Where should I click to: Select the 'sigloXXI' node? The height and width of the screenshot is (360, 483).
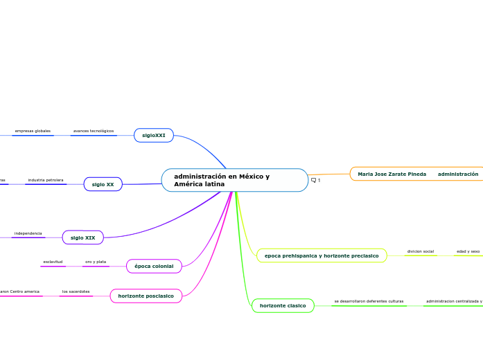[x=153, y=136]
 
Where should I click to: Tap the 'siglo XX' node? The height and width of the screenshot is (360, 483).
[x=103, y=184]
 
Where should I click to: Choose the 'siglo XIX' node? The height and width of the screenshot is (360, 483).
[x=82, y=237]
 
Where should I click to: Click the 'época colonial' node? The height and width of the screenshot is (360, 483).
[x=154, y=266]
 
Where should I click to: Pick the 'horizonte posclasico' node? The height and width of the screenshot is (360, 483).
[x=146, y=296]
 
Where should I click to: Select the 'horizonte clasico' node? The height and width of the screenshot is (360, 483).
[x=283, y=305]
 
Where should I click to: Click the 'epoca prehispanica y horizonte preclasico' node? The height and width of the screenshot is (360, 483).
[x=322, y=255]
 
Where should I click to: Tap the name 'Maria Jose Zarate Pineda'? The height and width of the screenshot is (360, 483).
[x=392, y=174]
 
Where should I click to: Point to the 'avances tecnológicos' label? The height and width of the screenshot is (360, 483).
[x=94, y=131]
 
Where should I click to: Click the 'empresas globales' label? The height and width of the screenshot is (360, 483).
[x=33, y=131]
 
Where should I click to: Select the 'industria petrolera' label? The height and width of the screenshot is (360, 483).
[x=46, y=180]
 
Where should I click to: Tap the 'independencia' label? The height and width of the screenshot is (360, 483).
[x=28, y=233]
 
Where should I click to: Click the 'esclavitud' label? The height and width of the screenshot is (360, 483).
[x=53, y=262]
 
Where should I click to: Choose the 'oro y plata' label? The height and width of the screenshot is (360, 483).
[x=96, y=262]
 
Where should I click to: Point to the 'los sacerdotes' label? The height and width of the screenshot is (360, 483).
[x=76, y=291]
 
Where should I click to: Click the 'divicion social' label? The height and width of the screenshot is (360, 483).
[x=420, y=251]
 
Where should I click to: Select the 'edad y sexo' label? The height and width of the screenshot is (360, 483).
[x=468, y=251]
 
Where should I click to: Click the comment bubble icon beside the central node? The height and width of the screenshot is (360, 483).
[x=314, y=180]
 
